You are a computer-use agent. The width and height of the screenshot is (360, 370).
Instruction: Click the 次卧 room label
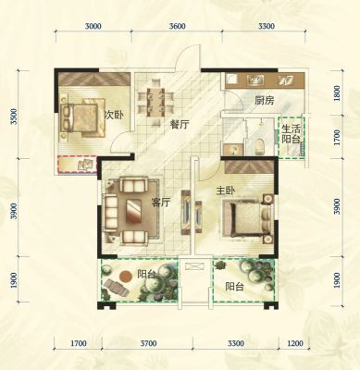115,116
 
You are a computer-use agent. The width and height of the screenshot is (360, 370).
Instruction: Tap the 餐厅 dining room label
180,125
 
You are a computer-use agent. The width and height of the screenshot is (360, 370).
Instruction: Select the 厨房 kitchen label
265,101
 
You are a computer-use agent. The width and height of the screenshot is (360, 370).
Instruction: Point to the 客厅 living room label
161,203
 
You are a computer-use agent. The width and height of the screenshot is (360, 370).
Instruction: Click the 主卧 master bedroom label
226,191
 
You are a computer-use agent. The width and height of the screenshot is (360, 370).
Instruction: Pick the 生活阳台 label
291,134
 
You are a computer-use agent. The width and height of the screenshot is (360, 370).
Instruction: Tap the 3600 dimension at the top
178,26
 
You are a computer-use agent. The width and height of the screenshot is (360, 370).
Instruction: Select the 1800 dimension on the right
337,93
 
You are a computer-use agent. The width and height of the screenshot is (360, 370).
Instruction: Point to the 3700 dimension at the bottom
148,343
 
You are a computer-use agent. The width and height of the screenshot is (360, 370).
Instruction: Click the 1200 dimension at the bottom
294,343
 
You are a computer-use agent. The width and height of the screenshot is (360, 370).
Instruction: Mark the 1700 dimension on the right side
337,138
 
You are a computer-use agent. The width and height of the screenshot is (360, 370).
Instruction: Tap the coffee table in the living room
133,211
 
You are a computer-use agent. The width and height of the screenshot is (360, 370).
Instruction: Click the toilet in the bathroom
260,146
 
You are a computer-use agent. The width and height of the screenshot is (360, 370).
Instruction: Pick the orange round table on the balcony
125,276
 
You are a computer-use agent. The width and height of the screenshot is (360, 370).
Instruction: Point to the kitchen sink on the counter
255,80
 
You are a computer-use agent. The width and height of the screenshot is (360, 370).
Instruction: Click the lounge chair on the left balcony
117,288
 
